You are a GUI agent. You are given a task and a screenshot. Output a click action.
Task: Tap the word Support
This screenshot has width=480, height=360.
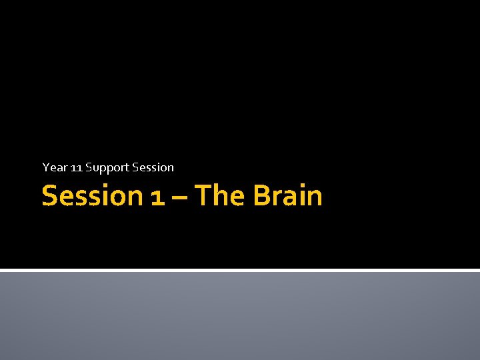[x=107, y=167]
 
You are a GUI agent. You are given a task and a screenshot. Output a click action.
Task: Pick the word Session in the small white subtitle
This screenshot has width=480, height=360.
[x=153, y=167]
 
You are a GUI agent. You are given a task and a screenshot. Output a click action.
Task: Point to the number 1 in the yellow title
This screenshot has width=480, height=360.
[x=157, y=197]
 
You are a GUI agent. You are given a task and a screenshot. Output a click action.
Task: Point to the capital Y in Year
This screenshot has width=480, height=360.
[x=45, y=167]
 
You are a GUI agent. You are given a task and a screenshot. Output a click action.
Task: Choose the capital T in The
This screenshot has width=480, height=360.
[x=202, y=196]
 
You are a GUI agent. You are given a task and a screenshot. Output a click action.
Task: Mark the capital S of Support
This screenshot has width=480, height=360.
[x=88, y=167]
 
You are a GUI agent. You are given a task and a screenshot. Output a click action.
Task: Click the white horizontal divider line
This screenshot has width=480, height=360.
[x=240, y=270]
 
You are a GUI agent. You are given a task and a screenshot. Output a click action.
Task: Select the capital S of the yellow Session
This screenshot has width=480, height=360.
[x=49, y=196]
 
